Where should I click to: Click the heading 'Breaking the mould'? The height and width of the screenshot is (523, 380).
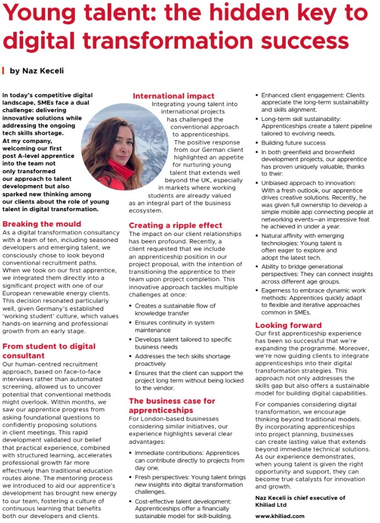(x=42, y=224)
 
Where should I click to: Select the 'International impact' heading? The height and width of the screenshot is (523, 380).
(x=173, y=96)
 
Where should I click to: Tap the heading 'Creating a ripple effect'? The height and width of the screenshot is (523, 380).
(x=175, y=225)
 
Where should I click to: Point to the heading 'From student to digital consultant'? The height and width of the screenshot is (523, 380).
(x=49, y=350)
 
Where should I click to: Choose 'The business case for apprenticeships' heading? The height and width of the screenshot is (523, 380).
(x=172, y=405)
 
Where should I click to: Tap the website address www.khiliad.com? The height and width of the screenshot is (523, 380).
(x=280, y=516)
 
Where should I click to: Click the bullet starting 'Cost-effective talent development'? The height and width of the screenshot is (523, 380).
(x=181, y=509)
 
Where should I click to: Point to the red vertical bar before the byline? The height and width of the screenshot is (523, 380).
(x=4, y=70)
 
